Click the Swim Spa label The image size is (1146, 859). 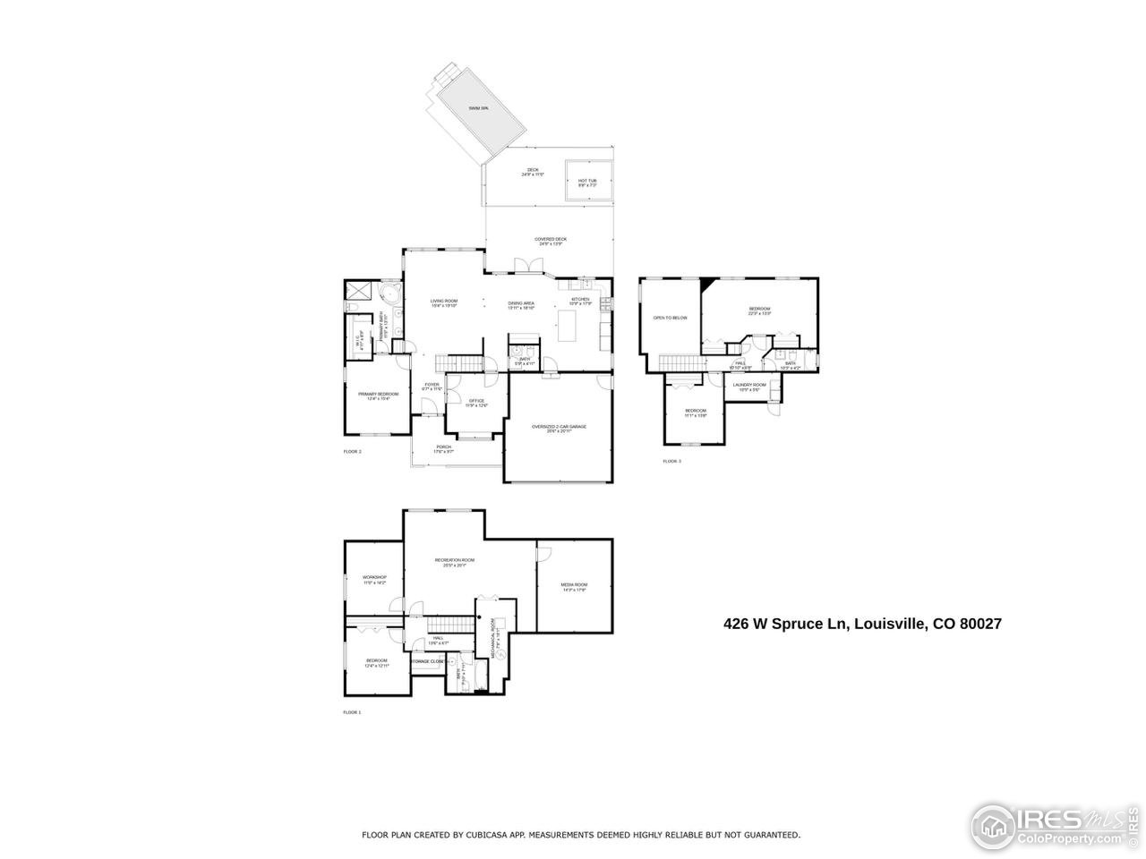pyautogui.click(x=478, y=108)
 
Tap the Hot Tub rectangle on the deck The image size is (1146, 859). pyautogui.click(x=587, y=182)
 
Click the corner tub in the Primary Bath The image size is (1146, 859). pyautogui.click(x=389, y=294)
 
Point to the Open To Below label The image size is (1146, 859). pyautogui.click(x=670, y=318)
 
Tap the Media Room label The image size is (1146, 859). pyautogui.click(x=574, y=586)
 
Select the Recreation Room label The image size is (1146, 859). pyautogui.click(x=455, y=562)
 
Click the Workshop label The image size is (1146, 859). pyautogui.click(x=374, y=579)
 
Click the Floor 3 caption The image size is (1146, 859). pyautogui.click(x=671, y=461)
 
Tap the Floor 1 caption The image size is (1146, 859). pyautogui.click(x=352, y=712)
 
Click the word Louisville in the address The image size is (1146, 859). pyautogui.click(x=889, y=624)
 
